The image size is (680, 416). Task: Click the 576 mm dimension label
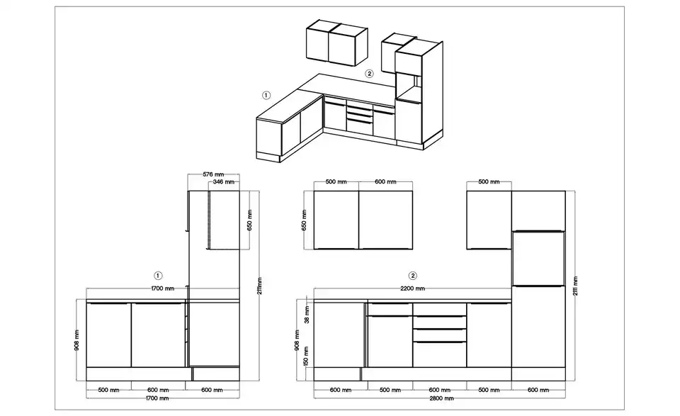[x=213, y=174]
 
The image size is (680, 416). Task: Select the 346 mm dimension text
[x=224, y=183]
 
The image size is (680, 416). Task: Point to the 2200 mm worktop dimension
[x=412, y=289]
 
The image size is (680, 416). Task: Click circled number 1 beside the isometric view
[x=266, y=94]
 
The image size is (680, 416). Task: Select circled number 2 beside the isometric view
[x=369, y=74]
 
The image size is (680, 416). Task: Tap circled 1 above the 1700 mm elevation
[x=158, y=275]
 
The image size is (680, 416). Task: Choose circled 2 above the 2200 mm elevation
[x=412, y=275]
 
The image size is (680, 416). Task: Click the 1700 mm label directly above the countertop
[x=163, y=289]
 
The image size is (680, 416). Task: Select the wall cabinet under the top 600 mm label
[x=386, y=220]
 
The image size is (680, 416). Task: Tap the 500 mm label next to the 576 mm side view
[x=334, y=182]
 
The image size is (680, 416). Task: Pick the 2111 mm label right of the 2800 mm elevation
[x=575, y=287]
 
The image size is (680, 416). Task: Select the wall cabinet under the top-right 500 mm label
[x=489, y=220]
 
